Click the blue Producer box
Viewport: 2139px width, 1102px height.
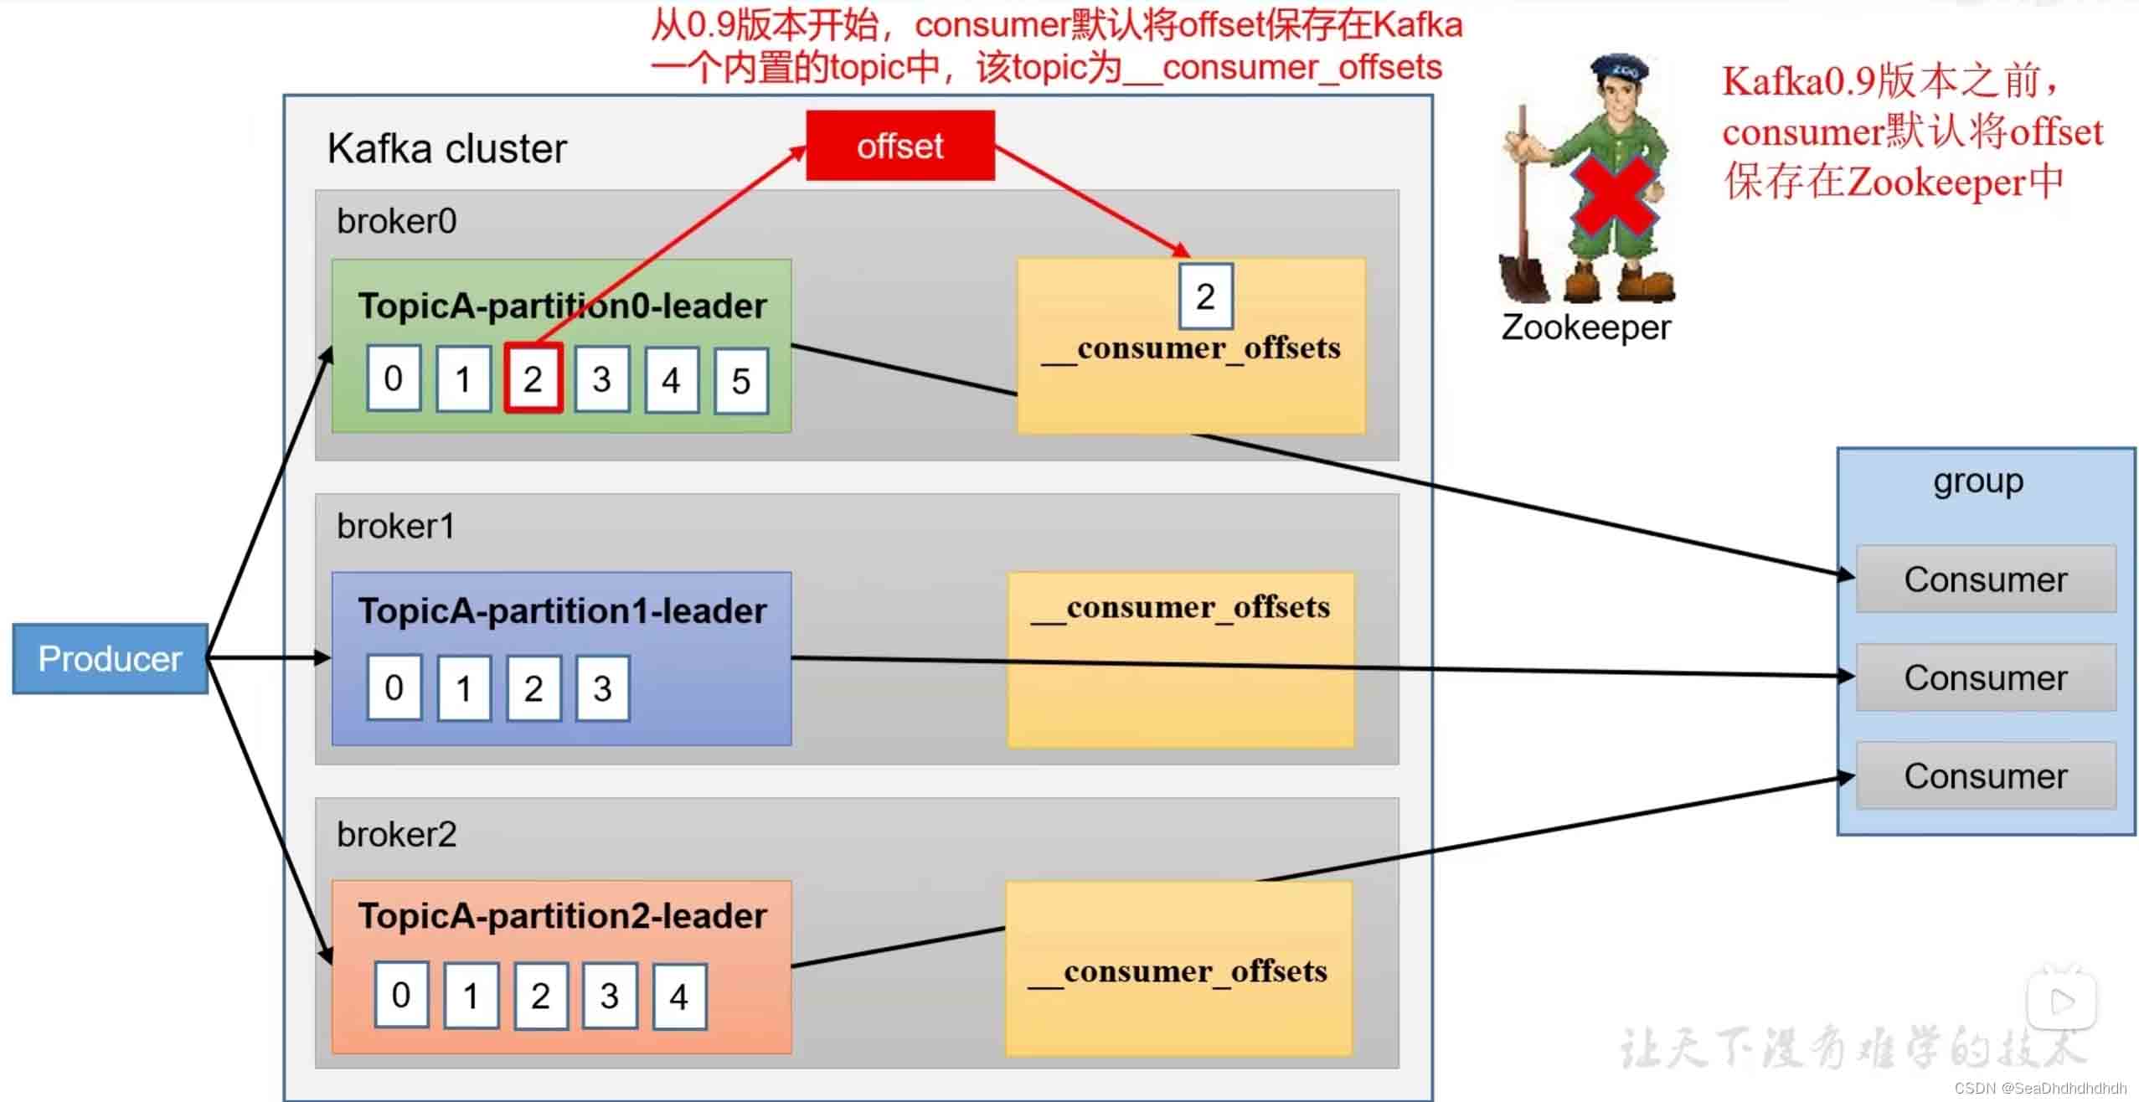pyautogui.click(x=110, y=659)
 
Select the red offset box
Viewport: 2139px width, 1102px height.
pyautogui.click(x=900, y=146)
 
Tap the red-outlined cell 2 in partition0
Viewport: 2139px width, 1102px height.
pyautogui.click(x=533, y=378)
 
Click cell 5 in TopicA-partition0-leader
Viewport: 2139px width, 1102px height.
pyautogui.click(x=740, y=382)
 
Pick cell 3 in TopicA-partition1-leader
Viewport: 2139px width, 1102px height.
pyautogui.click(x=602, y=688)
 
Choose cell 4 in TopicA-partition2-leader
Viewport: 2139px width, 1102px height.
pyautogui.click(x=678, y=996)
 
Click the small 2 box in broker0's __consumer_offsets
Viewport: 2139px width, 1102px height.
pyautogui.click(x=1205, y=296)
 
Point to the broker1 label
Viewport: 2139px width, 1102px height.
pyautogui.click(x=395, y=527)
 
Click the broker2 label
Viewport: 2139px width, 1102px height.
pyautogui.click(x=396, y=835)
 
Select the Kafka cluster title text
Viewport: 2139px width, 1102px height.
pyautogui.click(x=446, y=149)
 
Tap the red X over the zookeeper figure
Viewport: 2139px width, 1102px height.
pyautogui.click(x=1614, y=198)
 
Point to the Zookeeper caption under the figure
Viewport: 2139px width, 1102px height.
pyautogui.click(x=1585, y=327)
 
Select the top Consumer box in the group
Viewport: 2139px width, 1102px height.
pyautogui.click(x=1985, y=579)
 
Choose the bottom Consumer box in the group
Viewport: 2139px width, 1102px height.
pyautogui.click(x=1985, y=776)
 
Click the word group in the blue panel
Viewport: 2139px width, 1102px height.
pyautogui.click(x=1978, y=481)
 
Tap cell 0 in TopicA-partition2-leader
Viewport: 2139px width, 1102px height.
pyautogui.click(x=401, y=995)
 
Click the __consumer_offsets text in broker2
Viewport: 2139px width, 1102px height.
pyautogui.click(x=1178, y=972)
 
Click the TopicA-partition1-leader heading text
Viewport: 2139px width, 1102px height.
pyautogui.click(x=562, y=611)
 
